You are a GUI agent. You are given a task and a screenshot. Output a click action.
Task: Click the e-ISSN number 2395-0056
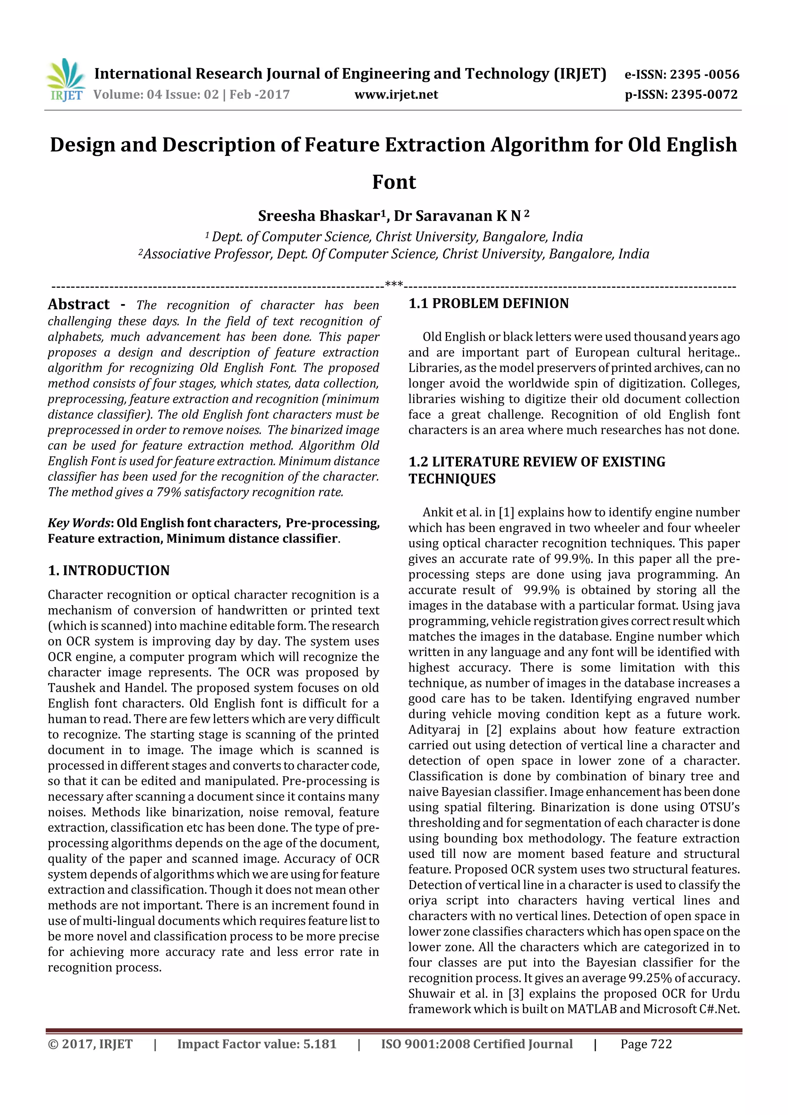tap(704, 74)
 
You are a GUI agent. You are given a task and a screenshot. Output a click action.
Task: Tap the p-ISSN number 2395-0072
tap(704, 95)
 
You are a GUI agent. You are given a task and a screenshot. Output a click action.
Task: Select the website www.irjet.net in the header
tap(396, 95)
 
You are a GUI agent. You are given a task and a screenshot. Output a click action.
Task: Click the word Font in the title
tap(394, 182)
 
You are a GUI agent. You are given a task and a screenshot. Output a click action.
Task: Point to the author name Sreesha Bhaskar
tap(321, 216)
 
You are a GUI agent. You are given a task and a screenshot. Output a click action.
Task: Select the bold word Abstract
tap(78, 304)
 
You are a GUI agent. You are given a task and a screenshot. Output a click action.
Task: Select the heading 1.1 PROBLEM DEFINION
tap(488, 304)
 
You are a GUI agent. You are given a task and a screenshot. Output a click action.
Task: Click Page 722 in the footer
tap(646, 1044)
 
